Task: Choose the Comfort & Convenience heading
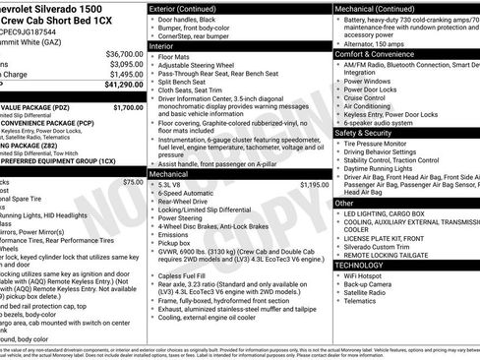click(381, 54)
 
